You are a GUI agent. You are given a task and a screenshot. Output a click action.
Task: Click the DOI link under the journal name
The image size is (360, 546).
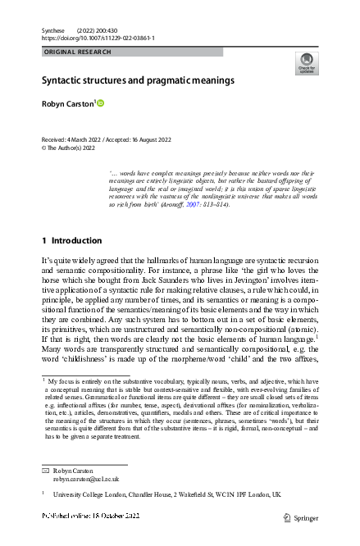[98, 39]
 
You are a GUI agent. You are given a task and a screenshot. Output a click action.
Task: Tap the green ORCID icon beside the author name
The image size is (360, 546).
[102, 103]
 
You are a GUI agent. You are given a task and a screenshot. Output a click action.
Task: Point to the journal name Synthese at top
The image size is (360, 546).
[52, 30]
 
